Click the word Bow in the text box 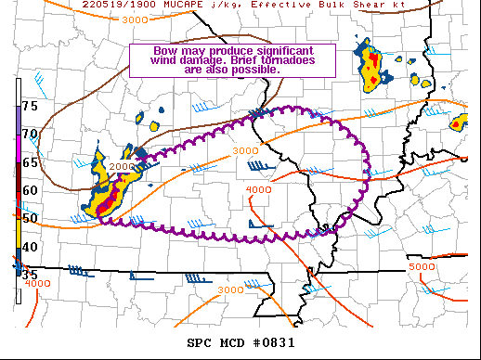tap(149, 50)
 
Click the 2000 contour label tap(123, 166)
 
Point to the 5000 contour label tap(422, 267)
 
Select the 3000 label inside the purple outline tap(244, 150)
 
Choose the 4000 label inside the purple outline tap(257, 190)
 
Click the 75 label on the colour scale tap(30, 106)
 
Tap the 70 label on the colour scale tap(30, 134)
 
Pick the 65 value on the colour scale tap(30, 162)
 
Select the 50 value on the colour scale tap(30, 218)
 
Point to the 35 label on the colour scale tap(30, 276)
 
